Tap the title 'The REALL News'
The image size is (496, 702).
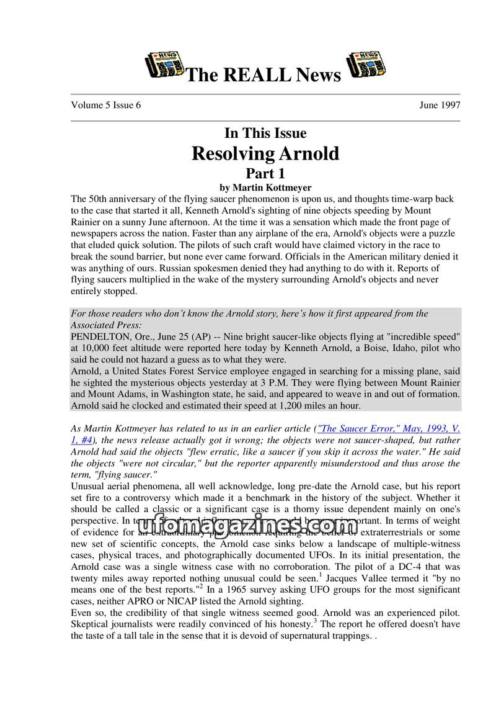click(x=263, y=75)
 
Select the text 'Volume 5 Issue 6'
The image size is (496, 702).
click(x=106, y=105)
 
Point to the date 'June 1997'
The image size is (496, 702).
click(x=440, y=105)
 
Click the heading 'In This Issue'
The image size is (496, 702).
click(x=265, y=133)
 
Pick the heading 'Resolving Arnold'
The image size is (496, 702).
click(x=265, y=153)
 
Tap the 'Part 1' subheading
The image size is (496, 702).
click(x=265, y=173)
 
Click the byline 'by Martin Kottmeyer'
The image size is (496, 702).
click(x=265, y=187)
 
